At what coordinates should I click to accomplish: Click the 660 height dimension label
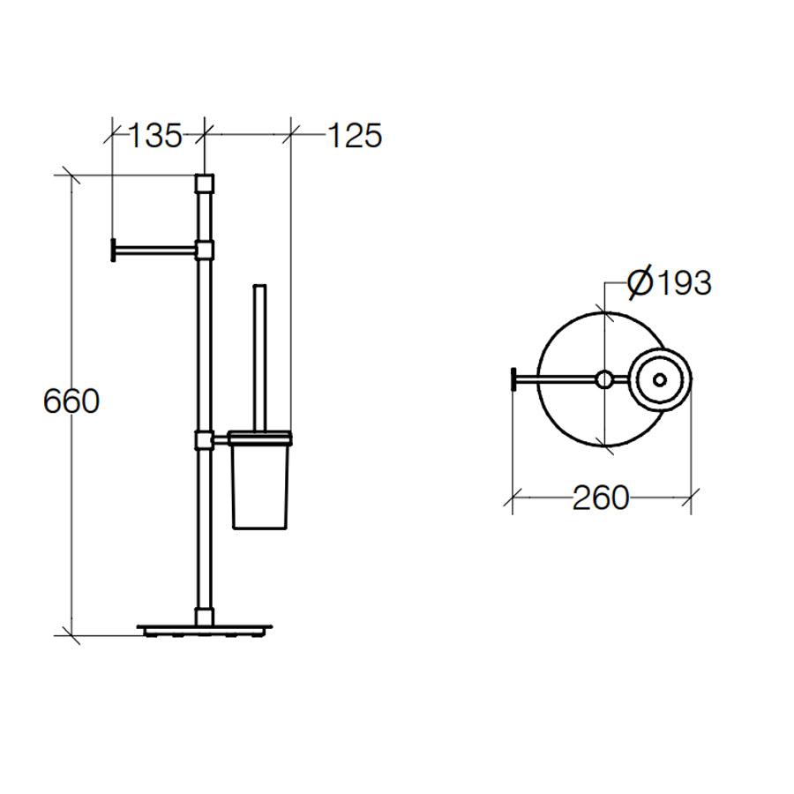[x=71, y=401]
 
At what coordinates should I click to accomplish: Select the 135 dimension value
[x=155, y=136]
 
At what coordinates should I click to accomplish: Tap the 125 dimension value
[x=355, y=136]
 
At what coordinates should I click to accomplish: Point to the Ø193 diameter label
[x=669, y=283]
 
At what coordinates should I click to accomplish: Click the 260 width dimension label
[x=601, y=498]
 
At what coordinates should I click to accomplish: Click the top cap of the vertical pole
[x=204, y=184]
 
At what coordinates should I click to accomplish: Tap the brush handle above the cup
[x=259, y=353]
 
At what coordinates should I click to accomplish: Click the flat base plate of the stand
[x=205, y=630]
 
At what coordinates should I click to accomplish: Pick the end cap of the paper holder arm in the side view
[x=113, y=251]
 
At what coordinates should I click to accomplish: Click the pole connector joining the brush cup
[x=205, y=438]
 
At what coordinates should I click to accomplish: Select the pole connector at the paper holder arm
[x=205, y=251]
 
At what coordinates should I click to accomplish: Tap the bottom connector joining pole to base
[x=205, y=613]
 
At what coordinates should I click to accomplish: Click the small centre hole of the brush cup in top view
[x=660, y=380]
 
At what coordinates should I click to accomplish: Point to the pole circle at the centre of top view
[x=603, y=380]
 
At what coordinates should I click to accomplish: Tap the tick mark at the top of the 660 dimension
[x=70, y=175]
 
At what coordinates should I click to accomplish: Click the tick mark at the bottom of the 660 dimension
[x=70, y=634]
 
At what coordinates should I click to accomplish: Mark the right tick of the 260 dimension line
[x=691, y=498]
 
